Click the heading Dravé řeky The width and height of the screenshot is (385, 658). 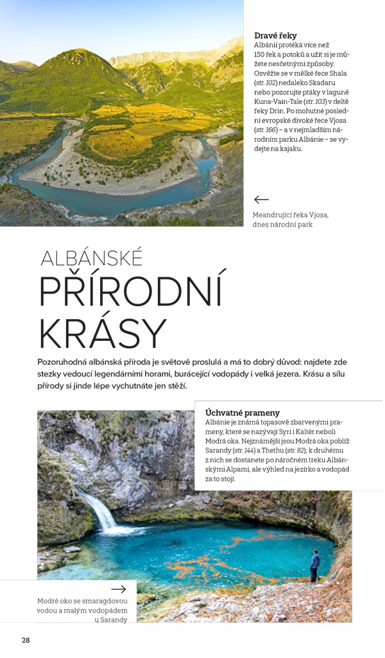275,36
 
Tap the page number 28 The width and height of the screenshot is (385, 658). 26,640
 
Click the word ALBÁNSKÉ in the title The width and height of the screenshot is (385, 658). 91,258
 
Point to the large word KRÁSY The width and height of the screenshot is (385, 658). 102,334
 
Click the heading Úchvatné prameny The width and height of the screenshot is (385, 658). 243,412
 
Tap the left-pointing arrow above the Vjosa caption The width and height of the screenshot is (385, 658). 261,200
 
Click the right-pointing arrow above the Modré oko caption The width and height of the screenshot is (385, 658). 119,589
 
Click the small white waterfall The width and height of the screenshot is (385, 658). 99,511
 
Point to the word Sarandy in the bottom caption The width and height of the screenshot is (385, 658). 114,619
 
